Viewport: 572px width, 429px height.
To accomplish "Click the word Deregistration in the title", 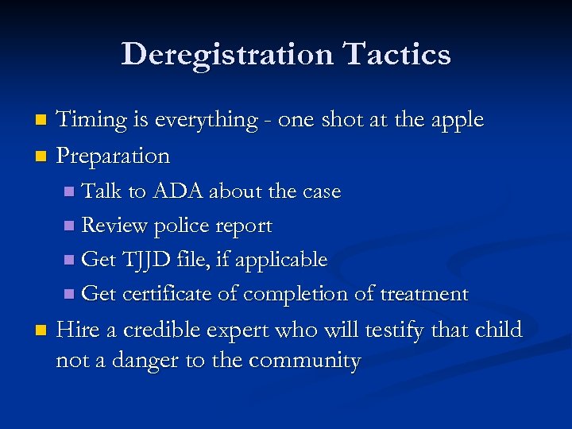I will pyautogui.click(x=227, y=54).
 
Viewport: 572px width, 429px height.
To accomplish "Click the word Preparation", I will pyautogui.click(x=113, y=156).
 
